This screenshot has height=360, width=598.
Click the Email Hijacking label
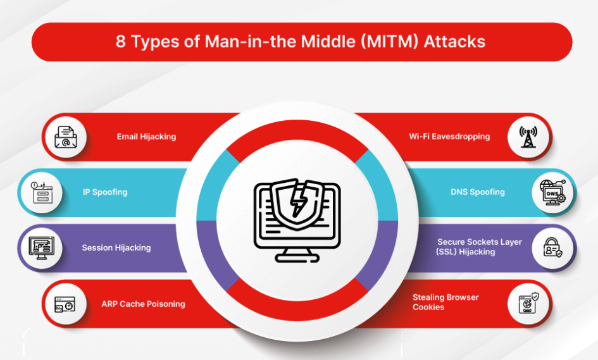click(x=146, y=137)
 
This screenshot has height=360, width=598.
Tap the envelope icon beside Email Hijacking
click(x=66, y=137)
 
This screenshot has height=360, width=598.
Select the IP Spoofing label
click(x=105, y=192)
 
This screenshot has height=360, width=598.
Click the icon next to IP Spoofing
click(x=42, y=192)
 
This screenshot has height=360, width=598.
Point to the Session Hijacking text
click(x=116, y=248)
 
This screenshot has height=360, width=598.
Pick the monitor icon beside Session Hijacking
click(x=42, y=248)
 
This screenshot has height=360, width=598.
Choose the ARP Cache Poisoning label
click(x=144, y=304)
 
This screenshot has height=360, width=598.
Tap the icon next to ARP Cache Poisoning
click(x=65, y=305)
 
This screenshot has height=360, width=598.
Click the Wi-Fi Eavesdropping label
click(x=449, y=137)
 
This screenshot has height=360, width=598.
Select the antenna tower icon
click(x=528, y=137)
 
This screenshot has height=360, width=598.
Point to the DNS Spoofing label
click(x=478, y=192)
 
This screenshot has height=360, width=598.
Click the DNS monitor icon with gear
click(x=552, y=192)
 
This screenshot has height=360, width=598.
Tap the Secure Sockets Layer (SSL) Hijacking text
click(x=479, y=247)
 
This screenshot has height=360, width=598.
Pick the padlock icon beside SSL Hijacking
click(x=552, y=247)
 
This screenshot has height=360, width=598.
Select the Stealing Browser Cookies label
click(x=445, y=302)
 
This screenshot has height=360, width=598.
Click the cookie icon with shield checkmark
click(x=528, y=303)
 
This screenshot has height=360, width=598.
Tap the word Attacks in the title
click(x=454, y=42)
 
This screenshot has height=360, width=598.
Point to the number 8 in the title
click(x=120, y=42)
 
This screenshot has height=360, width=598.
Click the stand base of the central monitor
click(x=297, y=259)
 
